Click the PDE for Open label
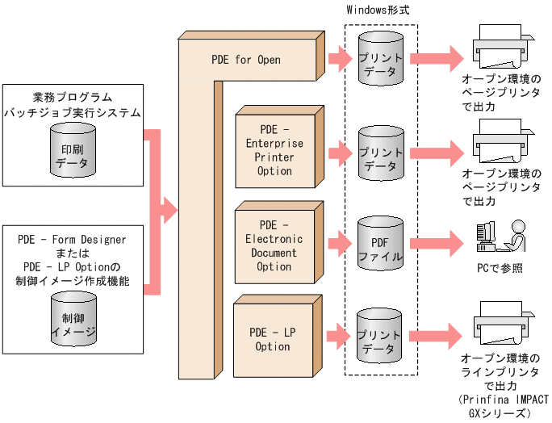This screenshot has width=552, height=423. tap(246, 60)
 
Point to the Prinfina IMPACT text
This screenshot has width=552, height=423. tap(502, 400)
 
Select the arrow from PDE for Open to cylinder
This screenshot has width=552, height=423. tap(339, 59)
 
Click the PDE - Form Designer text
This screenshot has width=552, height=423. tap(73, 239)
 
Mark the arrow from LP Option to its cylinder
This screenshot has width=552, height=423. tap(339, 332)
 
